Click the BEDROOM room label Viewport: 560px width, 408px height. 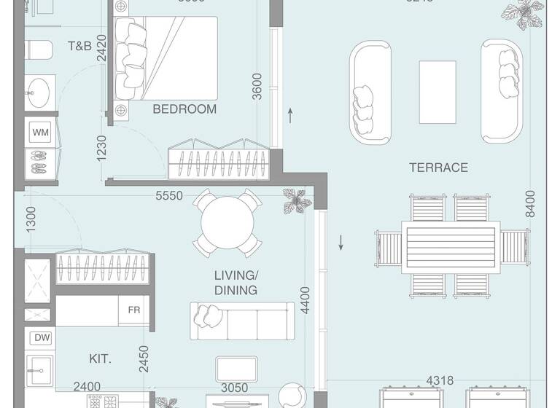coord(184,109)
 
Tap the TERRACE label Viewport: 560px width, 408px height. coord(438,168)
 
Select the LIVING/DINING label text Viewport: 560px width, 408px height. coord(236,283)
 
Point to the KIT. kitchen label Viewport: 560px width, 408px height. coord(100,359)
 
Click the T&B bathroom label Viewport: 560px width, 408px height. coord(79,46)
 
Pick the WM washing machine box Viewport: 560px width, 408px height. coord(41,133)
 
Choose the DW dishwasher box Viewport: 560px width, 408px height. coord(41,338)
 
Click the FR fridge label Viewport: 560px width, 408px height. coord(134,310)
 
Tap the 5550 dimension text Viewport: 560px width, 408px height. coord(168,196)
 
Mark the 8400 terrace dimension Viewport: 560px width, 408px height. coord(530,203)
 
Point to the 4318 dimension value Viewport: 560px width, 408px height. coord(440,380)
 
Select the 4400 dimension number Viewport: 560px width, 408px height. coord(306,301)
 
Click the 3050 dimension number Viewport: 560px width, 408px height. coord(234,388)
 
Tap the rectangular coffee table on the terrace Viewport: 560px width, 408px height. coord(437,93)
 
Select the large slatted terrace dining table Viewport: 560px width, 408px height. coord(450,248)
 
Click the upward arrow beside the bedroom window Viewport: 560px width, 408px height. coord(290,115)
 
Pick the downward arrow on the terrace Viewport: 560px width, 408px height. coord(341,243)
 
